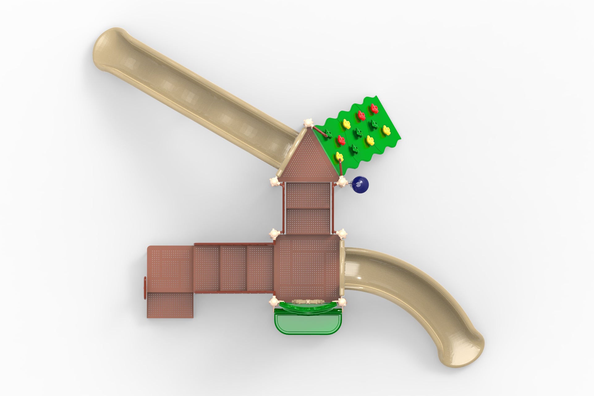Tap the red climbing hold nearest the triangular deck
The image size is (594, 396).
click(341, 140)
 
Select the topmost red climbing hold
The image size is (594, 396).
click(374, 108)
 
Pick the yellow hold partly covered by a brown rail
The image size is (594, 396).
click(339, 156)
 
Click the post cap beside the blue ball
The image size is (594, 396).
click(342, 182)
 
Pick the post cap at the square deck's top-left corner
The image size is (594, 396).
click(274, 234)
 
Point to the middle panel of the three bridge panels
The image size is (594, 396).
click(233, 269)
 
